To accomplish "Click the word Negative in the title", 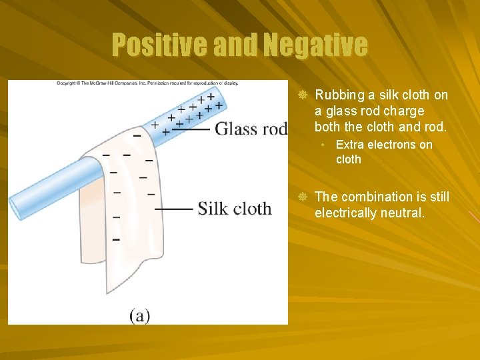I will pyautogui.click(x=315, y=45).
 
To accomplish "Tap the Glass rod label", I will pyautogui.click(x=251, y=128).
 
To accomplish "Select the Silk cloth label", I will pyautogui.click(x=235, y=209).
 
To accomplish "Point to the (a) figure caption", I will pyautogui.click(x=140, y=315).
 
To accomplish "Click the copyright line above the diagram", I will pyautogui.click(x=147, y=83).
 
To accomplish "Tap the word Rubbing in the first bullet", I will pyautogui.click(x=338, y=95).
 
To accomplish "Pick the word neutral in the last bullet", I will pyautogui.click(x=402, y=214).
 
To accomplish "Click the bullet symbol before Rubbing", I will pyautogui.click(x=301, y=96).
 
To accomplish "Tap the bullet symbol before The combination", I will pyautogui.click(x=301, y=197).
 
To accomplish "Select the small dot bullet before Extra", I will pyautogui.click(x=322, y=145).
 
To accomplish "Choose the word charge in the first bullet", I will pyautogui.click(x=403, y=111).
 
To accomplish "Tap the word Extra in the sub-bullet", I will pyautogui.click(x=349, y=145).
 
